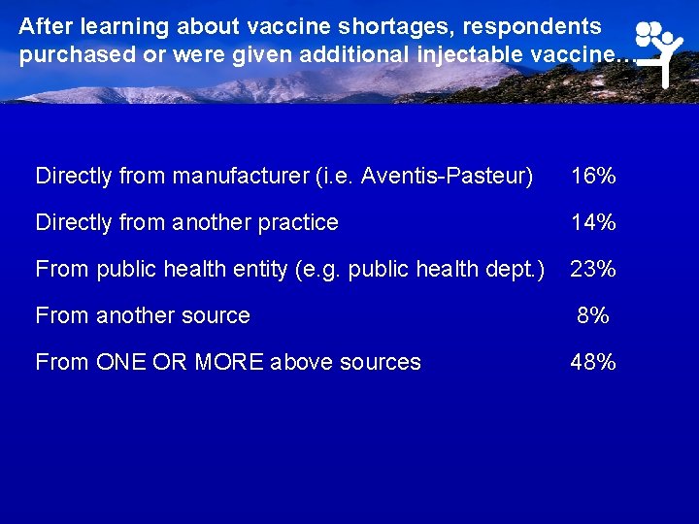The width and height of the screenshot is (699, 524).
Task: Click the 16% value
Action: [x=593, y=177]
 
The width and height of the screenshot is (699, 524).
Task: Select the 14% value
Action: [x=593, y=222]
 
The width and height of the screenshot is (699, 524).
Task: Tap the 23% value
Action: [x=593, y=269]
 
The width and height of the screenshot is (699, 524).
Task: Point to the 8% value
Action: [x=592, y=315]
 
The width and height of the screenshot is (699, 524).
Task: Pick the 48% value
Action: [x=593, y=362]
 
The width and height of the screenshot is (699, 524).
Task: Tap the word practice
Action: [x=296, y=222]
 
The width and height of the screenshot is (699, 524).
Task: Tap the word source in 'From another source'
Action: [x=217, y=315]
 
